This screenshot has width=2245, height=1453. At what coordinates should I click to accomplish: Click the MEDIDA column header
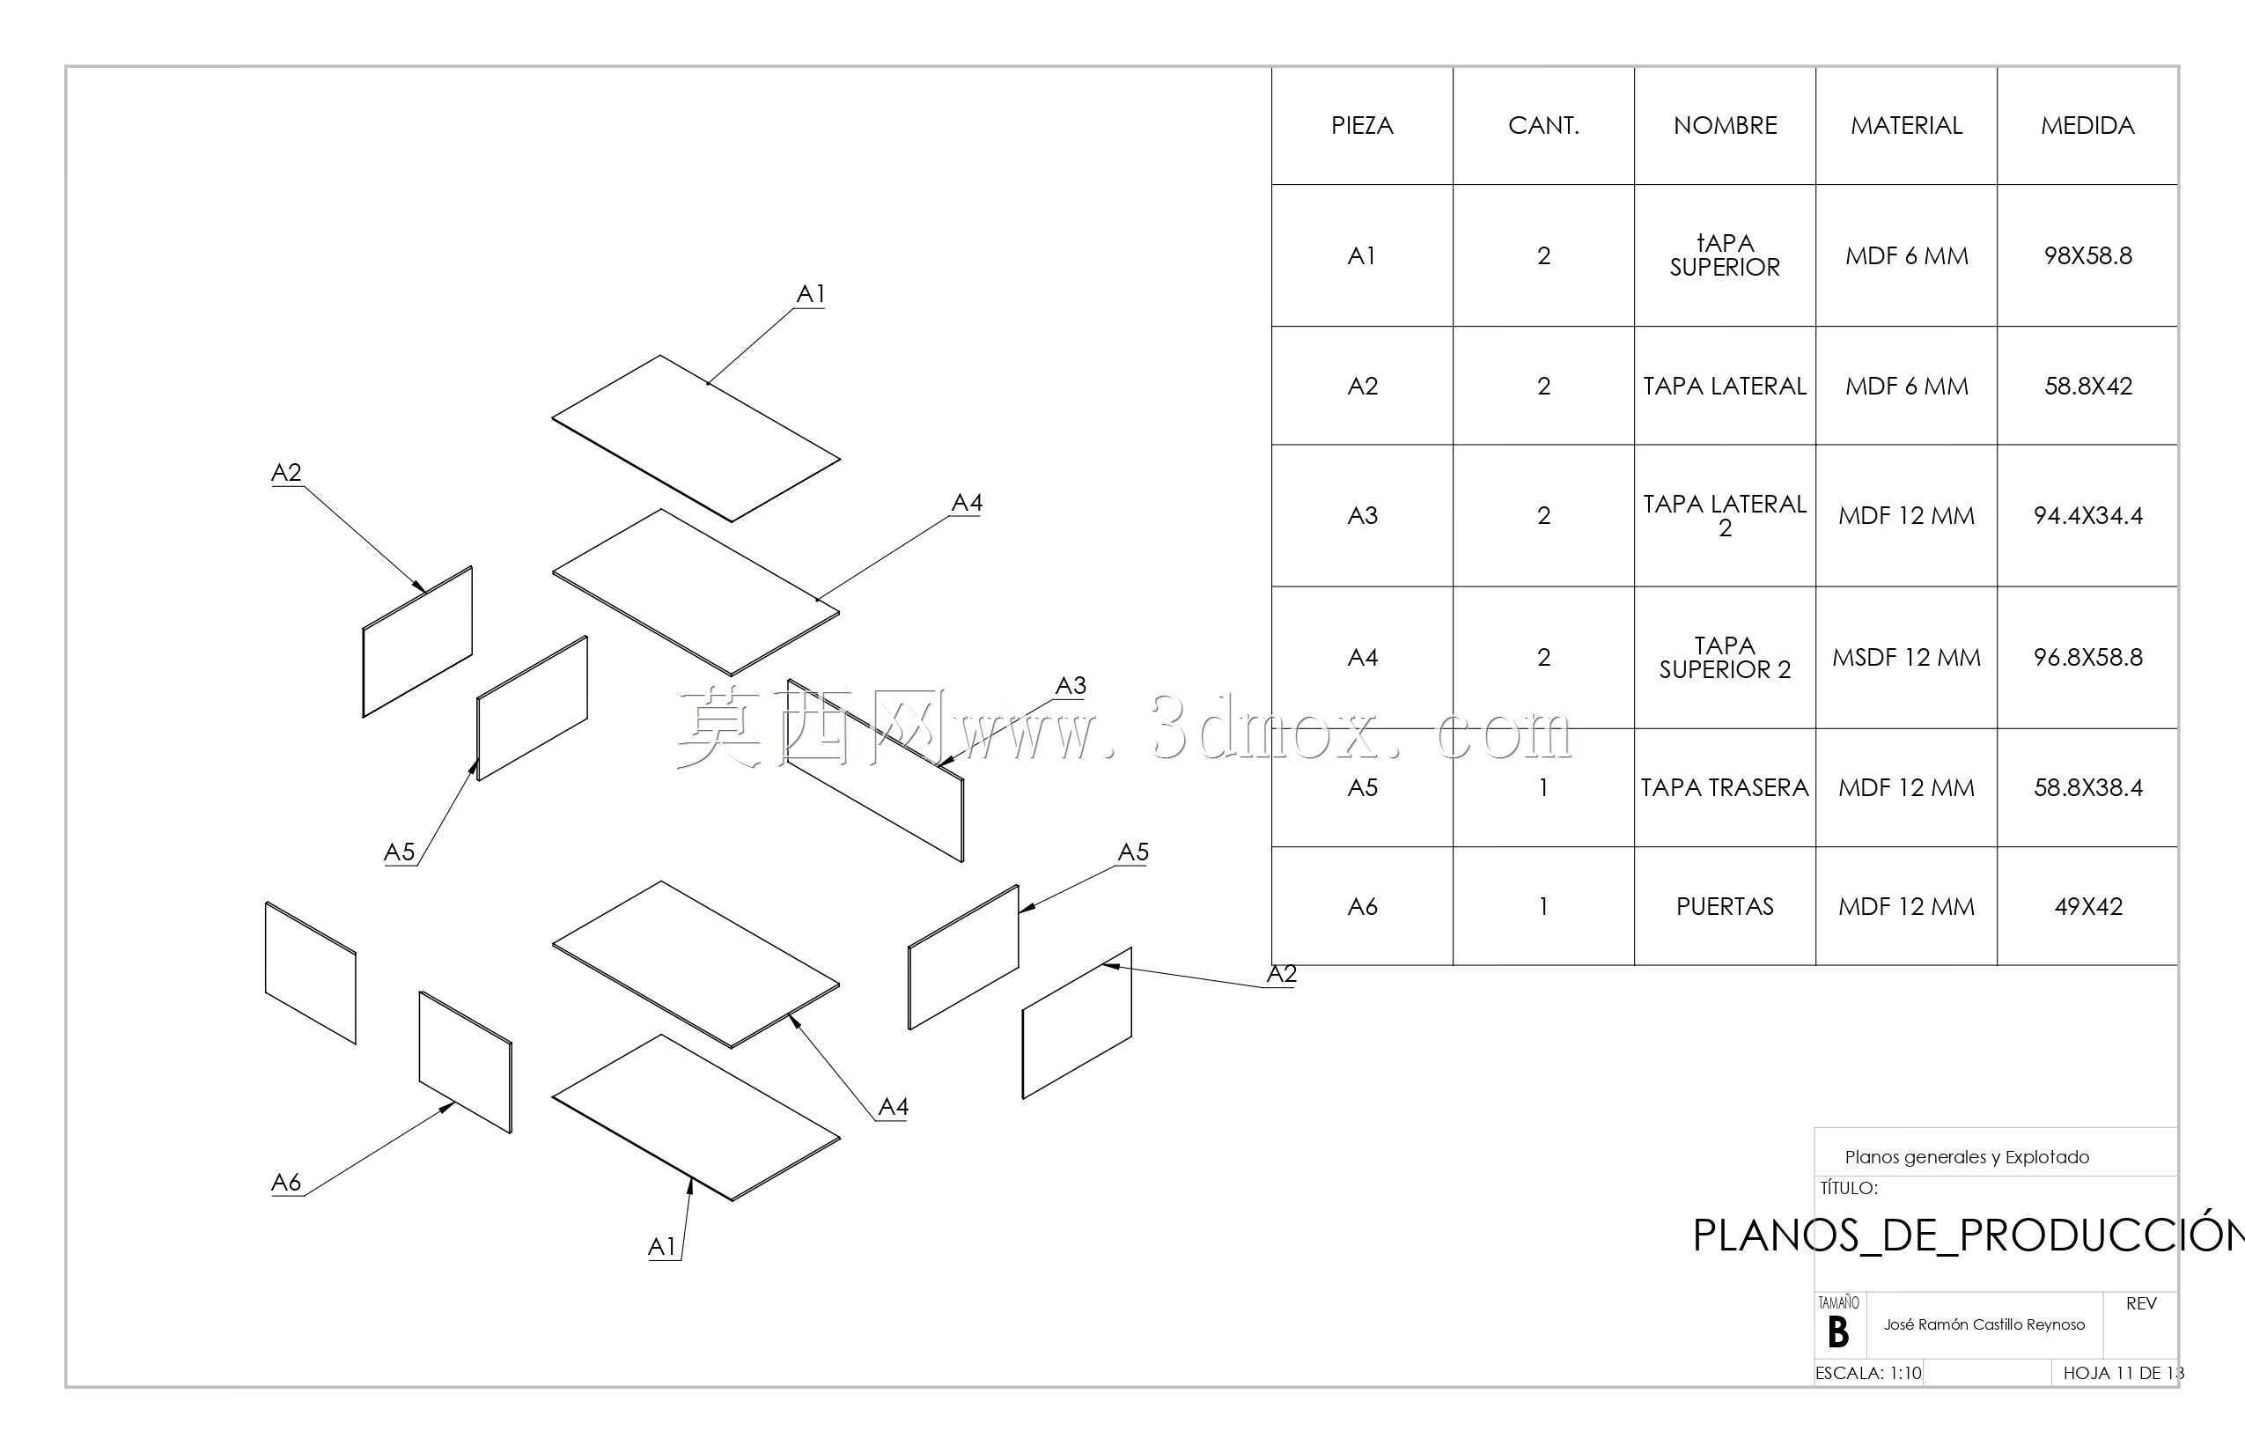(2087, 125)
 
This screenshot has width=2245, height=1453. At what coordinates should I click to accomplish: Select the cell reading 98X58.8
(2087, 255)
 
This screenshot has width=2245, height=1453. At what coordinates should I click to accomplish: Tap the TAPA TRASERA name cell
(1725, 788)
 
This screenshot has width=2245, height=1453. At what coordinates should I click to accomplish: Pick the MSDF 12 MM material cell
(1906, 658)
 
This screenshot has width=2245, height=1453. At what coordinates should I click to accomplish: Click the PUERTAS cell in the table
(1725, 907)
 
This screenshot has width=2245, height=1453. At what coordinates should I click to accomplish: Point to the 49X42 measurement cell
(2087, 907)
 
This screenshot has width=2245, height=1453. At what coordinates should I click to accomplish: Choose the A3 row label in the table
(1362, 516)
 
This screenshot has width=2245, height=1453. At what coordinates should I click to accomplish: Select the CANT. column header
(1543, 125)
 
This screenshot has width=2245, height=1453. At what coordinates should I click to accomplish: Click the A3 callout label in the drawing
(1071, 686)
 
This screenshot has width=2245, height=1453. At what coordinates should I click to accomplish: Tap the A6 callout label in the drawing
(286, 1182)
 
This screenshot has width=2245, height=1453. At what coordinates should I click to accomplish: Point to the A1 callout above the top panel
(810, 294)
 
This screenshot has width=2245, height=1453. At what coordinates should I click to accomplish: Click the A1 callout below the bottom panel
(661, 1247)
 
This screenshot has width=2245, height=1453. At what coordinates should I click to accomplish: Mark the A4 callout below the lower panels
(894, 1107)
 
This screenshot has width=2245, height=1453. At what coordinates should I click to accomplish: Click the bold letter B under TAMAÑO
(1837, 1333)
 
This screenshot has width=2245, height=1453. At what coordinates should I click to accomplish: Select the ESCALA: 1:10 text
(1867, 1373)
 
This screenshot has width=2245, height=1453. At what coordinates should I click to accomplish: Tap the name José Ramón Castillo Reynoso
(1984, 1324)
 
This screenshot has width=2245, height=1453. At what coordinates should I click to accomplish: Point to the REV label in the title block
(2141, 1304)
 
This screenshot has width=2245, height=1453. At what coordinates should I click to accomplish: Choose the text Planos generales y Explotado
(1967, 1158)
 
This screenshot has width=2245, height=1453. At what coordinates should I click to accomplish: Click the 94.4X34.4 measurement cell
(2087, 516)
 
